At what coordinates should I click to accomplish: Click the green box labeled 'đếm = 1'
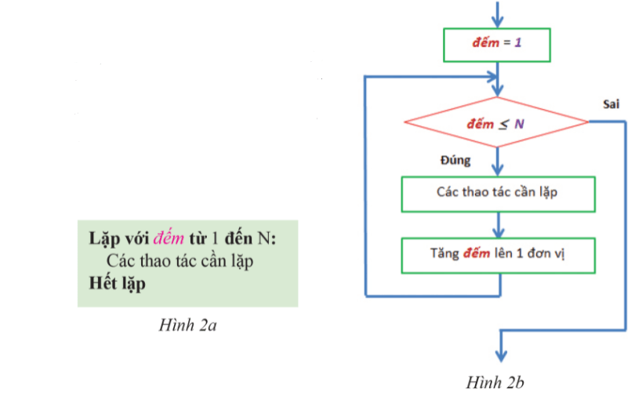click(496, 44)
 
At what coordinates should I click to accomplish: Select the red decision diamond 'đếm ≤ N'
click(496, 123)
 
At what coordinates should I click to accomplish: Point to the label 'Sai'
click(611, 104)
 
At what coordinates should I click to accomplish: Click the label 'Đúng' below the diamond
click(455, 161)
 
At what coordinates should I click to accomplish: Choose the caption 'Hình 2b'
click(495, 383)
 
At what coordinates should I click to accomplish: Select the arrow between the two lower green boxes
click(496, 226)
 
